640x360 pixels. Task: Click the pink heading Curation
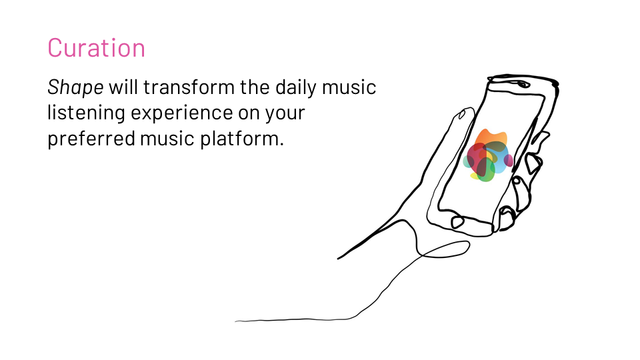click(96, 48)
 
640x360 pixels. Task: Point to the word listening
click(86, 113)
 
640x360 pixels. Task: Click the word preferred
click(91, 139)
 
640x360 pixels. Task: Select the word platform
click(241, 139)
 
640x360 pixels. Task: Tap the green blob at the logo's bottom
click(486, 171)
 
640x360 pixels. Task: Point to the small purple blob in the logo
click(509, 161)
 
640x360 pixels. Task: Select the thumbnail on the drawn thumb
click(462, 114)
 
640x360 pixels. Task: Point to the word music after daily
click(349, 87)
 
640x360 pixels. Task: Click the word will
click(123, 87)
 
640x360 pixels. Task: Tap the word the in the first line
click(255, 87)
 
